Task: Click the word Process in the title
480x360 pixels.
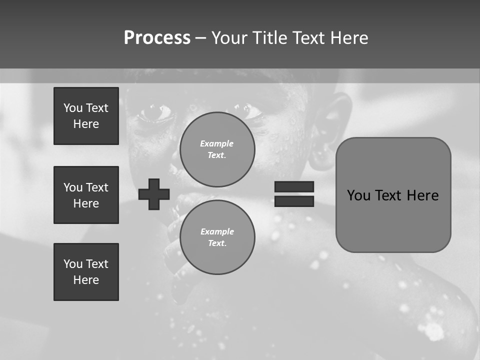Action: [157, 38]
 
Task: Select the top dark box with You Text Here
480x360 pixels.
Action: [86, 116]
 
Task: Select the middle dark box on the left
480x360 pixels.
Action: [86, 195]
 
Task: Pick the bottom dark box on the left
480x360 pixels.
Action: [86, 272]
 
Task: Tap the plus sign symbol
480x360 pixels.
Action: [154, 194]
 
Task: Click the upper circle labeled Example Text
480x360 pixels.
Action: [217, 149]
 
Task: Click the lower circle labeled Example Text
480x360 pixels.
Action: [217, 237]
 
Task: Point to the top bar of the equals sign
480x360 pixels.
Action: [294, 186]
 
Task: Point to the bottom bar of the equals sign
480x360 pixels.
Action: [294, 201]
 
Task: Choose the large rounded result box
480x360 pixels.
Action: [393, 195]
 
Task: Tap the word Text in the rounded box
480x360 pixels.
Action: [390, 195]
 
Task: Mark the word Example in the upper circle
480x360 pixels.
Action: [217, 143]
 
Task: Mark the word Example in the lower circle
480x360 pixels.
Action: [217, 231]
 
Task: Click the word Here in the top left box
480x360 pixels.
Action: [86, 124]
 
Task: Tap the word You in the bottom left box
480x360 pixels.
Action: [72, 264]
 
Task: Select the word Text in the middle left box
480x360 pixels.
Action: [96, 187]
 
